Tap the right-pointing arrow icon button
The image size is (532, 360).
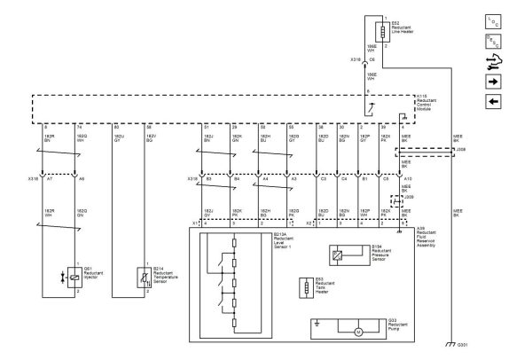pos(495,81)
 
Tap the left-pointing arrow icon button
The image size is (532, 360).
pos(495,100)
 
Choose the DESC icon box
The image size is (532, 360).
pos(495,41)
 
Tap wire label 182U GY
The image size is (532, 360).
pos(118,137)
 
